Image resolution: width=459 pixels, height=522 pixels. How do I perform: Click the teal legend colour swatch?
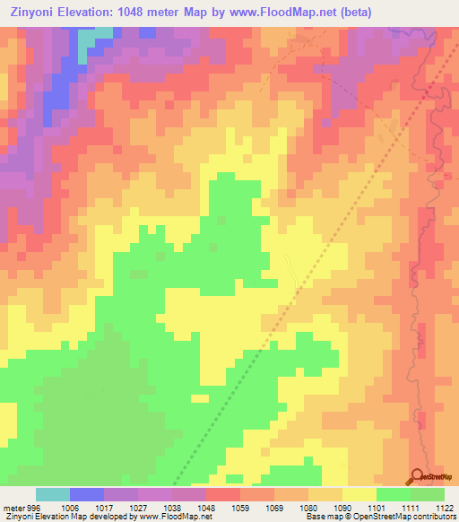[53, 494]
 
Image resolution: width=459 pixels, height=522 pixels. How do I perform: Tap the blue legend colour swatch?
[87, 494]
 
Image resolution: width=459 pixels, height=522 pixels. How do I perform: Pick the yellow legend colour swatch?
[359, 494]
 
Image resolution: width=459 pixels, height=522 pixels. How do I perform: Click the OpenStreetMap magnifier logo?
[417, 476]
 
